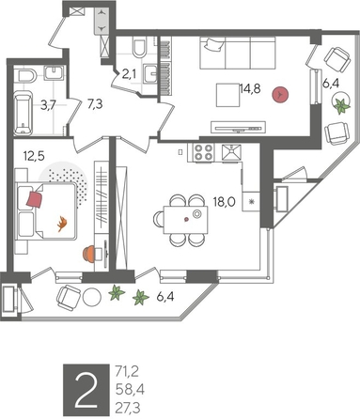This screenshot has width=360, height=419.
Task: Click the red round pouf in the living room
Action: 279,95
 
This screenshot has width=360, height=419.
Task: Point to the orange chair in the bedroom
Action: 90,252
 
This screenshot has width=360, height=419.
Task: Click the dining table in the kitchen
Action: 182,216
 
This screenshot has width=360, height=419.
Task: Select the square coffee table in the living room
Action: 227,95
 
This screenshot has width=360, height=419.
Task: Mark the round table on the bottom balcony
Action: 91,297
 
